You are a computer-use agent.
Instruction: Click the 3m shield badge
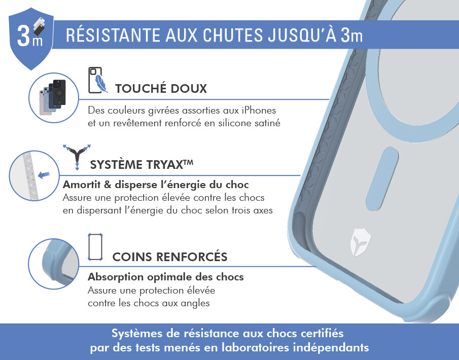31,39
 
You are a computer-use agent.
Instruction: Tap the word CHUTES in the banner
233,35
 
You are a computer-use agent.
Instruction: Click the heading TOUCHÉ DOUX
161,88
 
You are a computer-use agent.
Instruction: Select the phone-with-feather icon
98,81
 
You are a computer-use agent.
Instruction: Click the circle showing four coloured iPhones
54,97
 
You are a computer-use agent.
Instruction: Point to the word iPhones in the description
259,111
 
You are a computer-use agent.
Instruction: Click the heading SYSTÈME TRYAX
142,164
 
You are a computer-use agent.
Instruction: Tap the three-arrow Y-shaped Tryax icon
77,157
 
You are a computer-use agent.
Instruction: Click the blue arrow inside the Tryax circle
44,175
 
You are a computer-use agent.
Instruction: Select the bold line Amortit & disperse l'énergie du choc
156,185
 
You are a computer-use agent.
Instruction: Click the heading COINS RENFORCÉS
170,257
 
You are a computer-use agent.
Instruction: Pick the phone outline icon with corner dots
95,247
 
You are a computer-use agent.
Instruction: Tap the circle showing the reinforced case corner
54,264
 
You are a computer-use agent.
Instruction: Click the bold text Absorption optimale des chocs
166,277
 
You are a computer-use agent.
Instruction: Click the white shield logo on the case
360,242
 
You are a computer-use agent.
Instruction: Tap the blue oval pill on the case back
382,179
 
